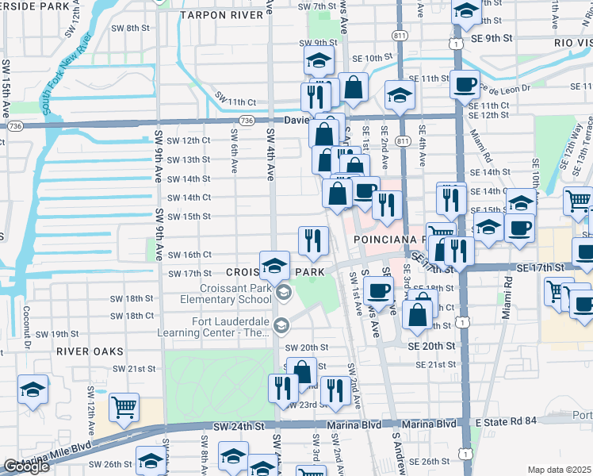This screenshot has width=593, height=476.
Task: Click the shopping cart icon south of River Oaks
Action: point(124,407)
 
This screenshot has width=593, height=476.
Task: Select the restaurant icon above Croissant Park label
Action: point(313,240)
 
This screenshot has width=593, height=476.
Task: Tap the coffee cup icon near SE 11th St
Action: point(465,83)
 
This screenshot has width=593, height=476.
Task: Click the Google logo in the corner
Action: point(26,466)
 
